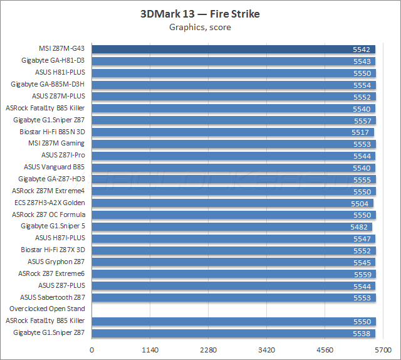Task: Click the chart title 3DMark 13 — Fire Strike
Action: (200, 14)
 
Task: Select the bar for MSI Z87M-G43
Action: (234, 49)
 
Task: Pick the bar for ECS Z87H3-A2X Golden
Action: (232, 203)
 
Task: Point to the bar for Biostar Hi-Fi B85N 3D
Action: (233, 132)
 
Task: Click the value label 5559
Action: (363, 273)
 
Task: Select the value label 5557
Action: (363, 120)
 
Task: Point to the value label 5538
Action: (362, 332)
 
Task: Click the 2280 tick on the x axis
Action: (209, 350)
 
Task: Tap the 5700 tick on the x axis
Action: (383, 350)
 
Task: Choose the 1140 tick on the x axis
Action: (150, 350)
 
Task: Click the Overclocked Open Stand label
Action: (47, 309)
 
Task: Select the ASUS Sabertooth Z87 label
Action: (52, 297)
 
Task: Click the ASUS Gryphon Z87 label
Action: (56, 262)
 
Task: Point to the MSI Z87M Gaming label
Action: (56, 144)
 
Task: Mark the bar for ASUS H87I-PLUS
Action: (234, 238)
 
